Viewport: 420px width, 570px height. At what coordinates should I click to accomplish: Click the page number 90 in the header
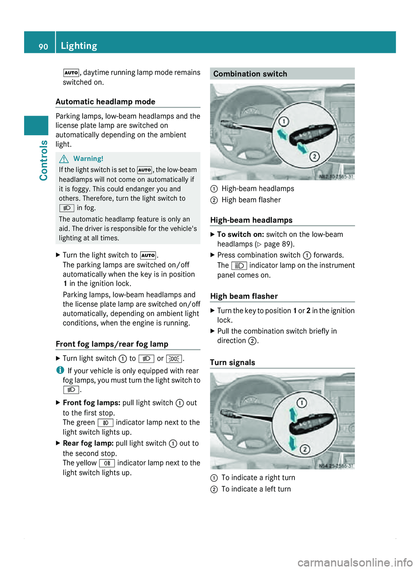43,46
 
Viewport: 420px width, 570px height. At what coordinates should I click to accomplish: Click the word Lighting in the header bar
79,46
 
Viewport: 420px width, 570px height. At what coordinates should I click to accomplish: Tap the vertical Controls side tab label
43,160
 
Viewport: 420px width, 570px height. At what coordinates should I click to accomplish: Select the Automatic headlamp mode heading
105,102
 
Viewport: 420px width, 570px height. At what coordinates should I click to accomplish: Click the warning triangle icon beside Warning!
64,159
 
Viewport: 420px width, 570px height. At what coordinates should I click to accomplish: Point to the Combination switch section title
250,74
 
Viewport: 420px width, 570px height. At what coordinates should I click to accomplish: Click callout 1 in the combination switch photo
284,121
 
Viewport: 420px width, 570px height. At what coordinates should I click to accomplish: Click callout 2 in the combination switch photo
314,156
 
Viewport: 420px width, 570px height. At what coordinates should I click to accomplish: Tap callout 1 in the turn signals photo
302,403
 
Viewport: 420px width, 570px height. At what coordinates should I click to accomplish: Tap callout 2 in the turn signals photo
305,450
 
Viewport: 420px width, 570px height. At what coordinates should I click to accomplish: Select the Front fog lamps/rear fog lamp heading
112,344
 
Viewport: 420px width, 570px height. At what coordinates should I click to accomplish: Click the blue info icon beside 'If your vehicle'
59,370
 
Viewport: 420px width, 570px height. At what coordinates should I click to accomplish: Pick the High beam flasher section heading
244,296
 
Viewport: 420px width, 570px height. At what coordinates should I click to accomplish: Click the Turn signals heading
232,362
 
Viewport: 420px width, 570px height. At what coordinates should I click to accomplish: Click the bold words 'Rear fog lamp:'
88,443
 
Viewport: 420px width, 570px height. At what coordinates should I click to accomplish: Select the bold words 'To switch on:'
240,235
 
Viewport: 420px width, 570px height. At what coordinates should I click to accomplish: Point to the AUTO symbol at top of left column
71,73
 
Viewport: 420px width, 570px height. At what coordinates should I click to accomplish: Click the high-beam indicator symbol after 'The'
239,266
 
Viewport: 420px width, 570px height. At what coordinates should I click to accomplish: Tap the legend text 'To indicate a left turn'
256,489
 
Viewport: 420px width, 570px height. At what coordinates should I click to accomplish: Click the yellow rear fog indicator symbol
107,463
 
